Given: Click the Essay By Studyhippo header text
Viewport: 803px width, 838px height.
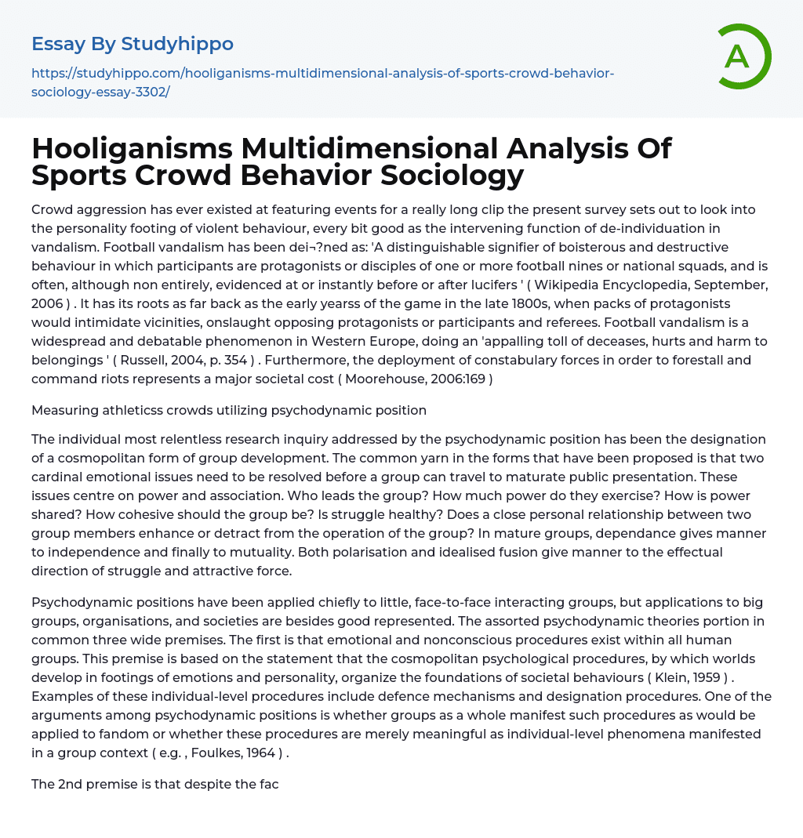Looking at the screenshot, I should (133, 44).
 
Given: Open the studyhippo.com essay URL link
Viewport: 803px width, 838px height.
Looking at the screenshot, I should (322, 82).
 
